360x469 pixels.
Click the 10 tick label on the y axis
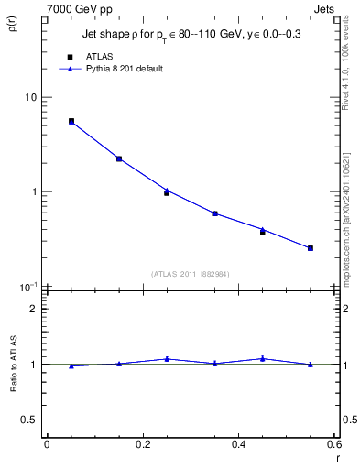(30, 97)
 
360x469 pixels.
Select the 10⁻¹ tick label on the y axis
(28, 286)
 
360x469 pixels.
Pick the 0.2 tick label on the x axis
(142, 445)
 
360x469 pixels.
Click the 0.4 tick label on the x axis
(238, 445)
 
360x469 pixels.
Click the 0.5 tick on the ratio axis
(30, 420)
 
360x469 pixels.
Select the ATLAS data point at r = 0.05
(71, 121)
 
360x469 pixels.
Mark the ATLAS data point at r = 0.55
(311, 248)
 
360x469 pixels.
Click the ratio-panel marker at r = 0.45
(263, 358)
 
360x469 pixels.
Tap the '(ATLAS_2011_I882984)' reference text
(190, 274)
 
